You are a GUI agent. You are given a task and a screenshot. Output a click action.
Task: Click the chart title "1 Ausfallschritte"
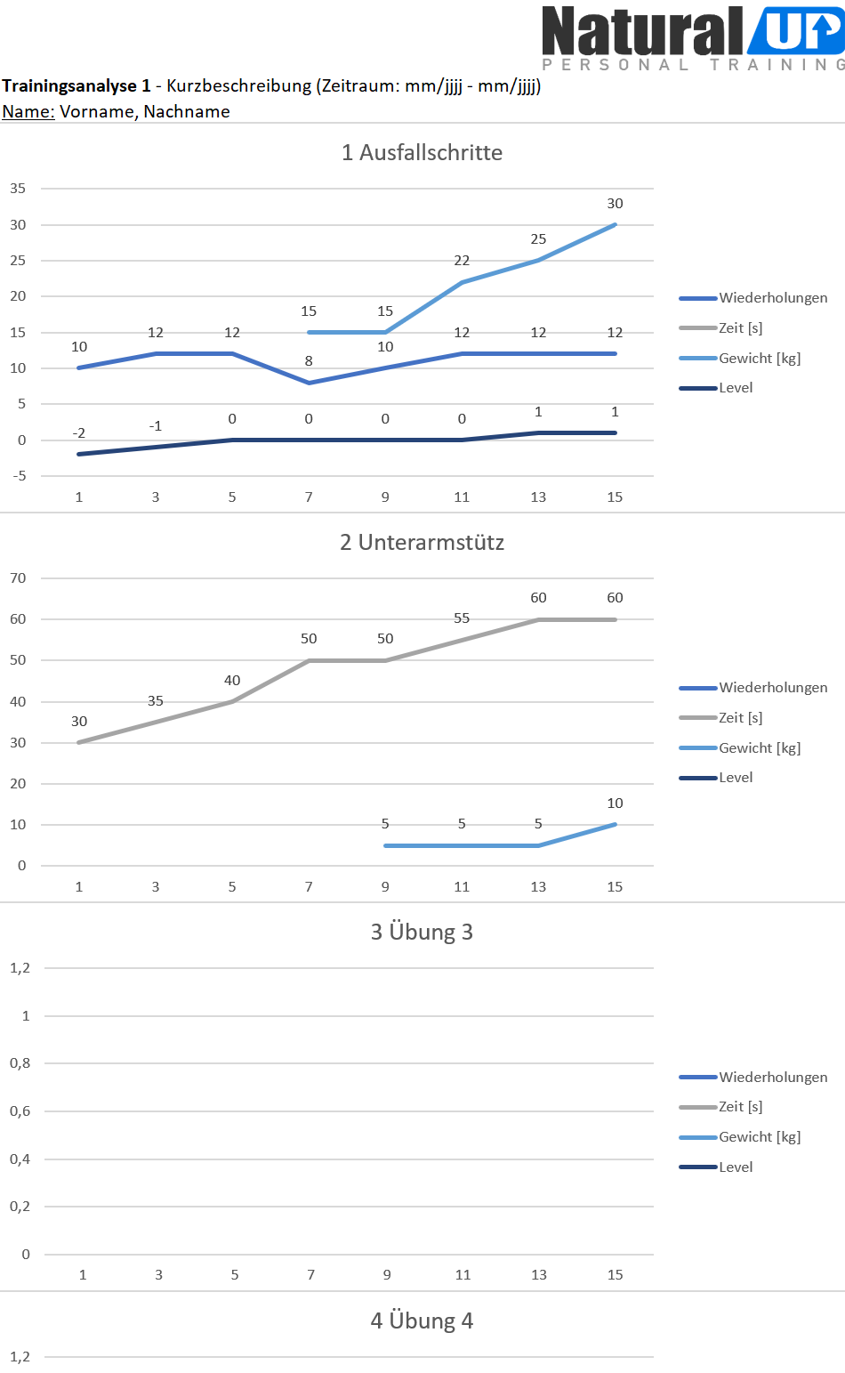422,152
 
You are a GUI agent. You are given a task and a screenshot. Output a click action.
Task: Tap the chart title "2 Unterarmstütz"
422,542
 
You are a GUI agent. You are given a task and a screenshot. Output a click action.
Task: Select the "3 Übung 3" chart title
422,932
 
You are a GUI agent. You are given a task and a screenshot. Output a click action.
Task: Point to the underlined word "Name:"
28,111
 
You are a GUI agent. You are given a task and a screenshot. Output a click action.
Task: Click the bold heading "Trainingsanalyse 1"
76,86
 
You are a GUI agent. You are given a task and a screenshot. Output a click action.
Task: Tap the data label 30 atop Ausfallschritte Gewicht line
615,204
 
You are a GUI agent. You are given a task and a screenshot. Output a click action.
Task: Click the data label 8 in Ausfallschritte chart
309,361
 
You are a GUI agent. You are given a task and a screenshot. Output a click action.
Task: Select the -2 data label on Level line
79,433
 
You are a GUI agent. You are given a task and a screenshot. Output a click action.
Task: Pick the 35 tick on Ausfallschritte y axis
18,189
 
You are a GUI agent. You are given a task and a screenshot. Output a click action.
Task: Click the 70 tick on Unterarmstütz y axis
18,578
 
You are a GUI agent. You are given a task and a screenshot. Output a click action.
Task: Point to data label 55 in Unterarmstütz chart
462,618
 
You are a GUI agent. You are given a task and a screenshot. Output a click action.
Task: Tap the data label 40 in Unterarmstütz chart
232,681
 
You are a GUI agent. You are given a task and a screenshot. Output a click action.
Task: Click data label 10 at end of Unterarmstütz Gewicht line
615,804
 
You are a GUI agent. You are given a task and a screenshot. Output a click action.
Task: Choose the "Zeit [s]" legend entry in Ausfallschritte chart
740,328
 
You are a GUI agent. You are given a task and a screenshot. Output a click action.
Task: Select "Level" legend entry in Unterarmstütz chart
736,778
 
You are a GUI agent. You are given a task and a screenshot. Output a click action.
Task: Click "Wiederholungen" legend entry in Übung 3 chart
773,1077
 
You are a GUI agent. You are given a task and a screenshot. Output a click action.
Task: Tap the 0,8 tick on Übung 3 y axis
20,1063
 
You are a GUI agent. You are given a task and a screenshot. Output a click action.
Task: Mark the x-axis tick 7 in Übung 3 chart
310,1275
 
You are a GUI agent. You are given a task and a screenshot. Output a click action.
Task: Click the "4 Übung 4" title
422,1321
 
